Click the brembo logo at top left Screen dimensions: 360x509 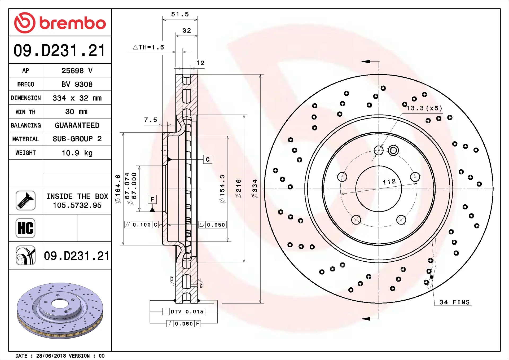[60, 23]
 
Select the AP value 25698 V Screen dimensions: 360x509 [77, 71]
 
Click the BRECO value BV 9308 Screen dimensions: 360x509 [77, 84]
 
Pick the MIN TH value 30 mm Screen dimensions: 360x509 [76, 112]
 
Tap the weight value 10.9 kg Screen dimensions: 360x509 [77, 153]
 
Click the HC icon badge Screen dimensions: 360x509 [25, 228]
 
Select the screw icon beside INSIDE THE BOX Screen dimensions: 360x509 [25, 201]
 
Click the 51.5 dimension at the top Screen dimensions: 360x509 [180, 14]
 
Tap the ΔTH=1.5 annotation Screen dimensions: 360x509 [148, 47]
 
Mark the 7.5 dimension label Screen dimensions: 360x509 [151, 120]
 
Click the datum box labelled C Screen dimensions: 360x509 [208, 159]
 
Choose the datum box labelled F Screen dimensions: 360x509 [152, 199]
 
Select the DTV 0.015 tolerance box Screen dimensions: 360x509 [184, 311]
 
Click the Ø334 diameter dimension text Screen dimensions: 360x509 [255, 189]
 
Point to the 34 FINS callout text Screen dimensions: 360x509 [454, 302]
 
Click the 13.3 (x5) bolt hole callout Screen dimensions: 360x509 [424, 108]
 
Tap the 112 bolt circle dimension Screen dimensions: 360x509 [389, 182]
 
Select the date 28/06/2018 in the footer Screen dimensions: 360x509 [51, 356]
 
